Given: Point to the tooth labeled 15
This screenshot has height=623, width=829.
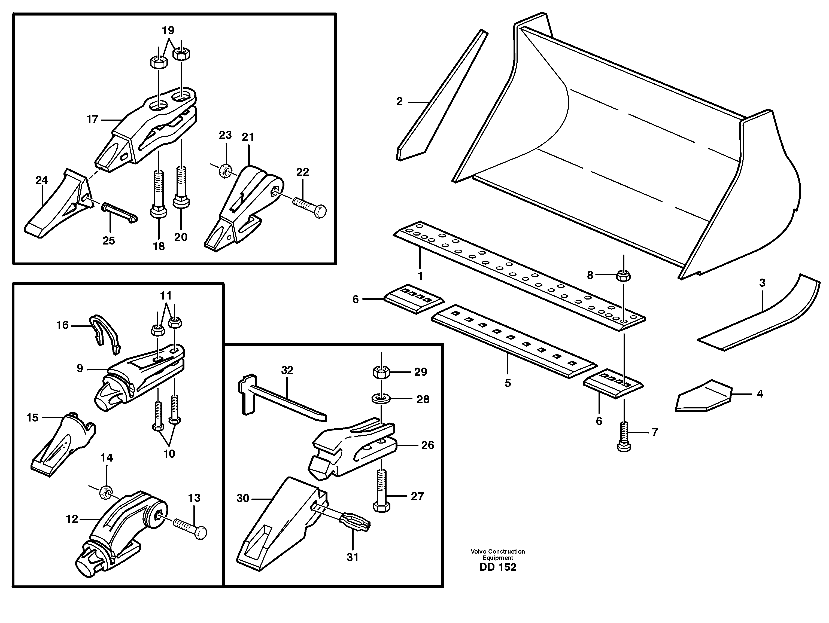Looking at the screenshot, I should point(62,444).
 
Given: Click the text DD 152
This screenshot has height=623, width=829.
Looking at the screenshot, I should point(497,567).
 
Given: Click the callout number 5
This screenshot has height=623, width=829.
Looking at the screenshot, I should point(508,383).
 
